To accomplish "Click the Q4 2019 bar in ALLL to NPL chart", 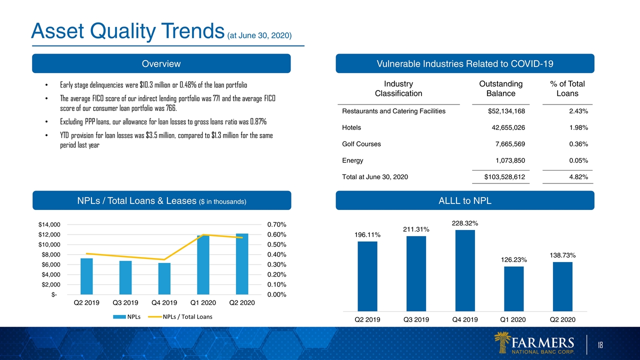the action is (x=465, y=270).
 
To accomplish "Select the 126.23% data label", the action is (x=513, y=259).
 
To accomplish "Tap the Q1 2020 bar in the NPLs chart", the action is (x=203, y=265).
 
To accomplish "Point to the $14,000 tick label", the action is (x=49, y=224).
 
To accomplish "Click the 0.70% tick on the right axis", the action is (x=276, y=224).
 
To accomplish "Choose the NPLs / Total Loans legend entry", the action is (x=180, y=316).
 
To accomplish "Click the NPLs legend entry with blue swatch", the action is (x=127, y=316).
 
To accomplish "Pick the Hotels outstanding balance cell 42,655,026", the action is (x=508, y=127).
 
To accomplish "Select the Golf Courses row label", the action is (x=361, y=144).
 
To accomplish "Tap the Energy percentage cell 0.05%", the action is (x=578, y=160).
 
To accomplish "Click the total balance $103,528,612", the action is (x=504, y=177).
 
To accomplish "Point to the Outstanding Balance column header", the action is (x=501, y=88).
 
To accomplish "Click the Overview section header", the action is (x=161, y=63).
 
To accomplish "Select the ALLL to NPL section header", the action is (x=465, y=200).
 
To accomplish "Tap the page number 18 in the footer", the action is (x=600, y=345).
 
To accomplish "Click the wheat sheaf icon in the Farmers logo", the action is (x=501, y=342).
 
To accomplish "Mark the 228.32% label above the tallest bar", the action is (x=465, y=223).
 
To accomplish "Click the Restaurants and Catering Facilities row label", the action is (x=393, y=111).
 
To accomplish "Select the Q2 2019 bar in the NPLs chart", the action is (x=86, y=276).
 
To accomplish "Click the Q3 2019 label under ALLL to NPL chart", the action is (x=416, y=319).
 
